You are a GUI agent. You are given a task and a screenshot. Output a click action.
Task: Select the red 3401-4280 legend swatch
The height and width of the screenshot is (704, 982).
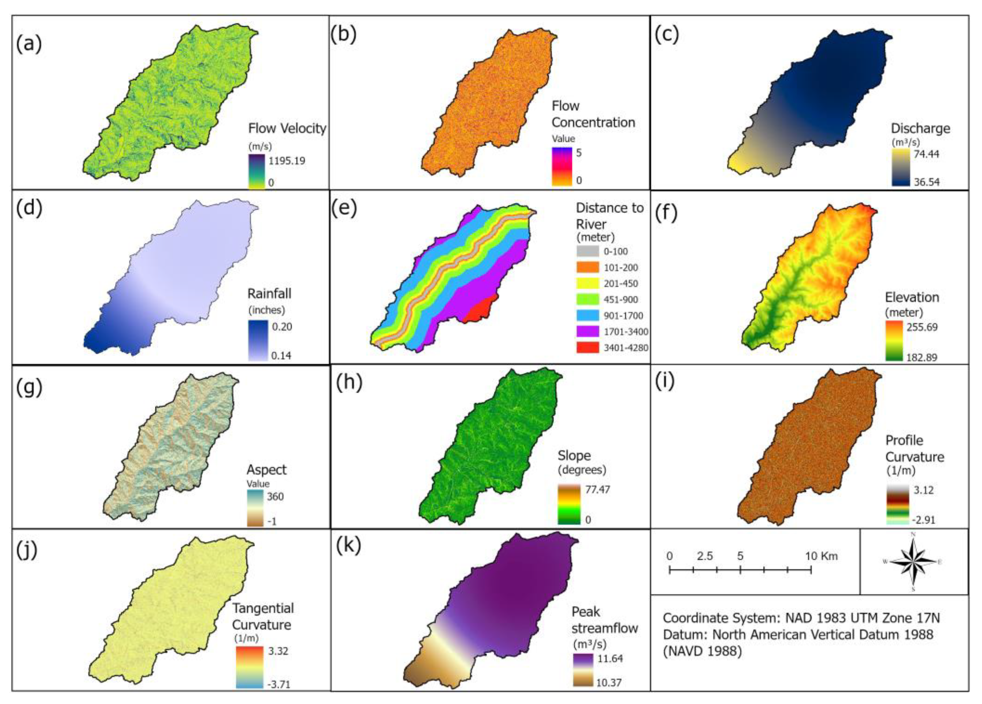[588, 347]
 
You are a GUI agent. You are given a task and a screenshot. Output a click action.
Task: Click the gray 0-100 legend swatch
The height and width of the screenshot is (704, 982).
[588, 251]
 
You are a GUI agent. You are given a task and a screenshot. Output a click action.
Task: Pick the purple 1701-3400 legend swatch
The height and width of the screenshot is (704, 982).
[588, 331]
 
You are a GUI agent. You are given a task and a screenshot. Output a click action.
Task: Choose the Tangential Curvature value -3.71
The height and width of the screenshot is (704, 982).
[279, 684]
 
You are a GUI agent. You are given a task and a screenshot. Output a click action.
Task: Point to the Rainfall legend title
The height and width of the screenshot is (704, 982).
[269, 294]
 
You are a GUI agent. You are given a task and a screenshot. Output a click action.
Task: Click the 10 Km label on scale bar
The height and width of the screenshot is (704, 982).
[821, 556]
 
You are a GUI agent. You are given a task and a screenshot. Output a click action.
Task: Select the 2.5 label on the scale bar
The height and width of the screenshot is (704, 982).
[705, 556]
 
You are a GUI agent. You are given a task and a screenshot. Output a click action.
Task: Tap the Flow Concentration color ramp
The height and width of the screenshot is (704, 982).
[562, 167]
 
